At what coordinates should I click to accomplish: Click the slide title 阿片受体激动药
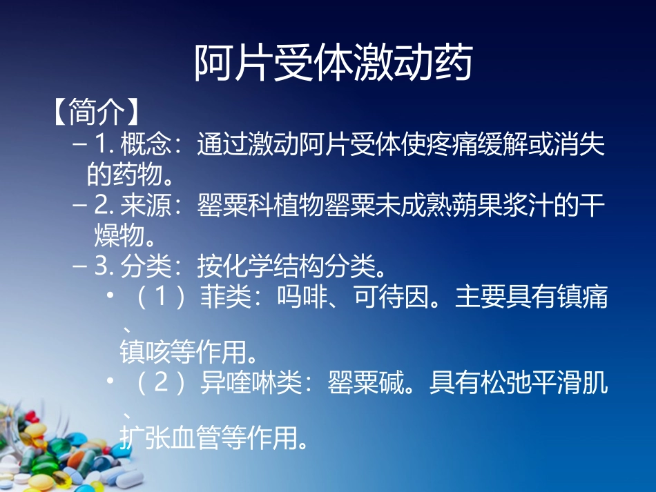[333, 63]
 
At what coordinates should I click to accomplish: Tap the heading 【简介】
[96, 112]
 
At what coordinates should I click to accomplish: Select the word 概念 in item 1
[144, 145]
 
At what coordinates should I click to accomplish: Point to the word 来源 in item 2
[144, 206]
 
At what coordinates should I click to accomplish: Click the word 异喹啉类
[250, 384]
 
